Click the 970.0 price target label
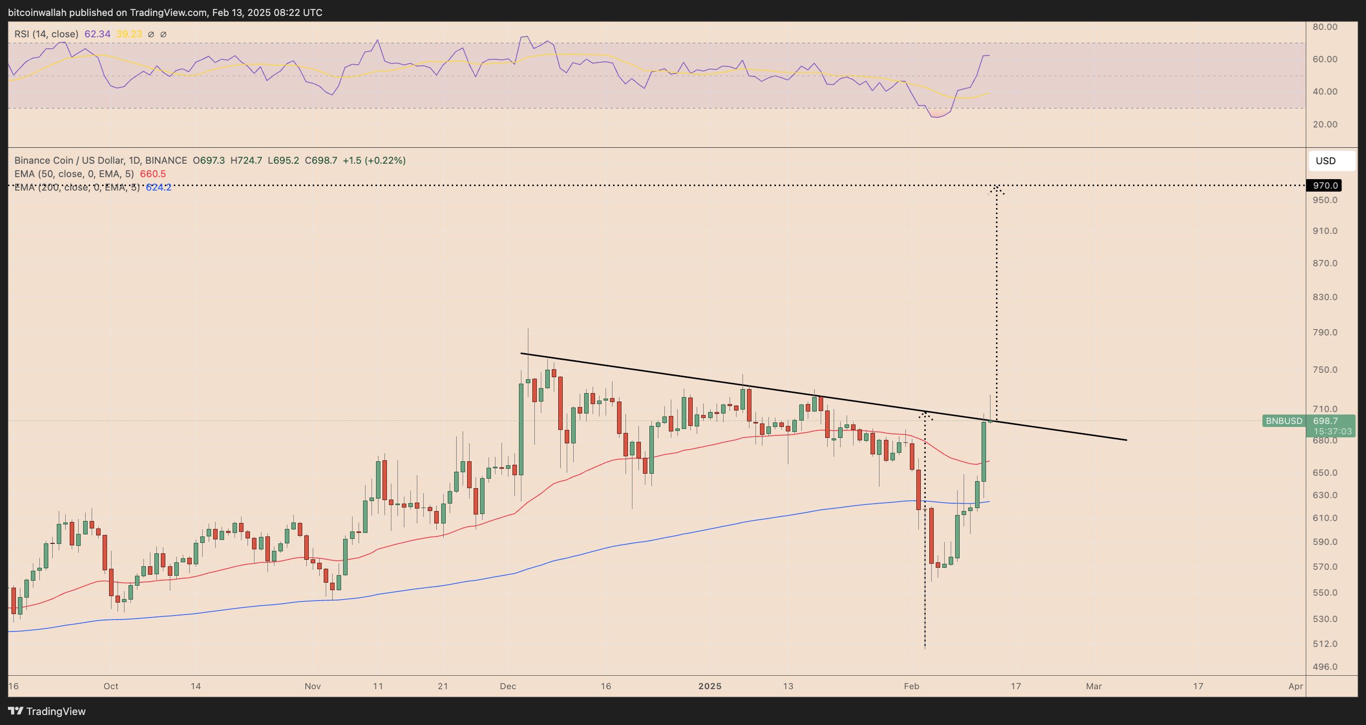(1325, 186)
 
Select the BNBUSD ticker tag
(1283, 421)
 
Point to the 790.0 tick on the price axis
(1325, 332)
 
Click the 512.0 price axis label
(1325, 644)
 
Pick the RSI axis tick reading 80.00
(1325, 26)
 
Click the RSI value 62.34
(97, 34)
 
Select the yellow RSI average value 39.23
(129, 34)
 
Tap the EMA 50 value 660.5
(153, 174)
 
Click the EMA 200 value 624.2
(158, 187)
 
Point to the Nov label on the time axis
(312, 686)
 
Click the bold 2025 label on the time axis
(710, 686)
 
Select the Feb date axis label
(911, 686)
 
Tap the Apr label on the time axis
(1295, 686)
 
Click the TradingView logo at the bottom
(47, 711)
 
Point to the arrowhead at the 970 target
(996, 189)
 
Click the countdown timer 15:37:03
(1332, 431)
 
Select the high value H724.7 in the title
(246, 160)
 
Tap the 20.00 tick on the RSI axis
(1325, 124)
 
